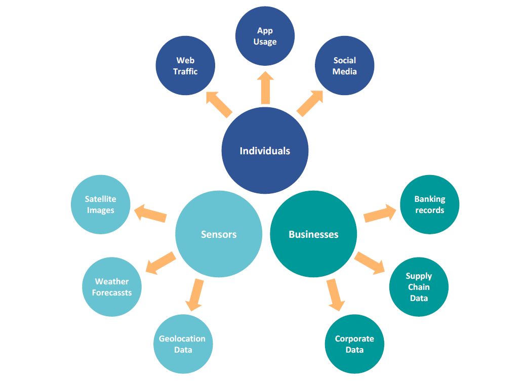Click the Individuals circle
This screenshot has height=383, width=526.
tap(265, 150)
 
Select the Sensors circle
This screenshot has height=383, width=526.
tap(219, 234)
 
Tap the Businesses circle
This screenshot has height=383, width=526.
tap(313, 234)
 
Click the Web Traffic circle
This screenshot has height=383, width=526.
tap(185, 66)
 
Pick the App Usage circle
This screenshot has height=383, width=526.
tap(265, 36)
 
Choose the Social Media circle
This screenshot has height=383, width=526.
tap(344, 66)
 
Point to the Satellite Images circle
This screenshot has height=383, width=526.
tap(100, 204)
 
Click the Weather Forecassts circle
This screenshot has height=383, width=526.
tap(112, 287)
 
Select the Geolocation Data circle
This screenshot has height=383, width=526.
tap(182, 344)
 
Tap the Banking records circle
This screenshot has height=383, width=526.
tap(429, 204)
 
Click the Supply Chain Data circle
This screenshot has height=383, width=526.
tap(419, 287)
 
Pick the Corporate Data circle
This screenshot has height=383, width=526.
tap(354, 344)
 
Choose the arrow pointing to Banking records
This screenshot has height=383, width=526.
tap(380, 214)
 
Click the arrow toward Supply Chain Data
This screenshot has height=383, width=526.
tap(370, 263)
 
